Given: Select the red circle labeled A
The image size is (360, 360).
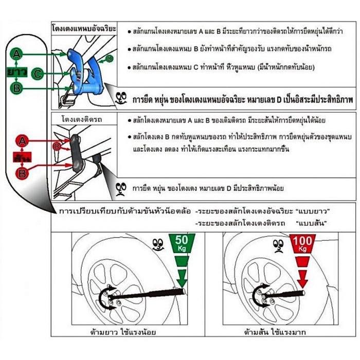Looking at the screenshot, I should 22,139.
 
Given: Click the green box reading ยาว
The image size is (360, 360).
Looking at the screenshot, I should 18,71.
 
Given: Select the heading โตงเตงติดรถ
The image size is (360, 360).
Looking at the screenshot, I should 81,119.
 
